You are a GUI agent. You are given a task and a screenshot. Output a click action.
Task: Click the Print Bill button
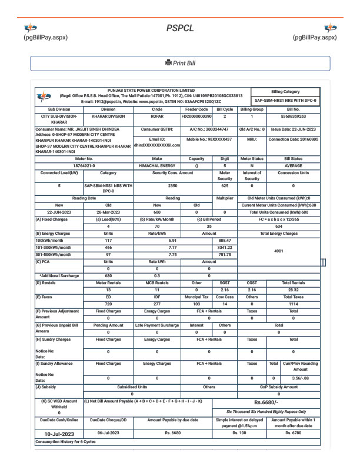pyautogui.click(x=180, y=64)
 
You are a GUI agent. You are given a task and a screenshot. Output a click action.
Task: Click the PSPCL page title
pyautogui.click(x=179, y=27)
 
